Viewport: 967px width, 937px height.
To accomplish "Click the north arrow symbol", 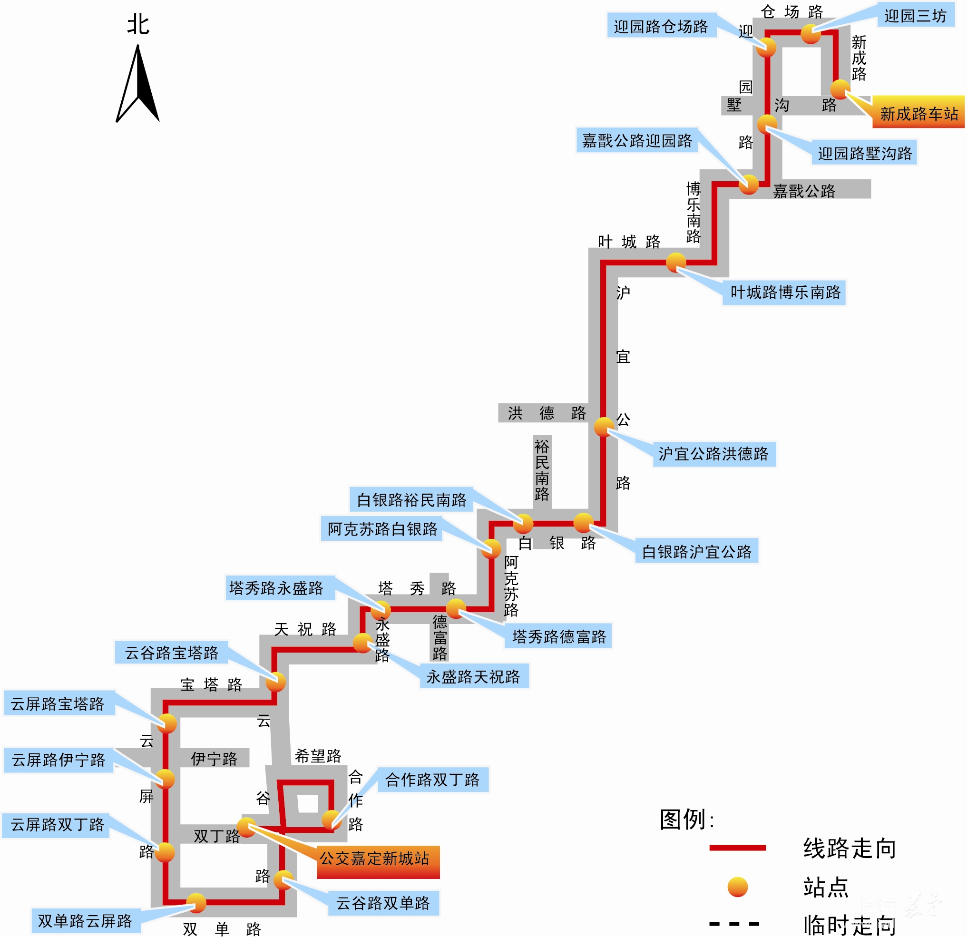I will [137, 84].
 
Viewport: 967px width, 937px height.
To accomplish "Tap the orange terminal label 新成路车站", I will [918, 114].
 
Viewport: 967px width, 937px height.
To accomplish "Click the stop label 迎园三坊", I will [915, 16].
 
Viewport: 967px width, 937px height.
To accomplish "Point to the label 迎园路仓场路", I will [661, 26].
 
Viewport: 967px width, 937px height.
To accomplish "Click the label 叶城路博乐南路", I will [785, 293].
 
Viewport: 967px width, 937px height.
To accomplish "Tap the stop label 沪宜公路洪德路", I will [713, 454].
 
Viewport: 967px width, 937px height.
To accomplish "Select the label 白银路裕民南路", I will [411, 500].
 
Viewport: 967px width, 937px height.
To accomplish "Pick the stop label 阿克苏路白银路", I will [382, 529].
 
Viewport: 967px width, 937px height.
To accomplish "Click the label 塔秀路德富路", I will [559, 637].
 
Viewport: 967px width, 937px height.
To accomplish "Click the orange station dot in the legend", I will [738, 887].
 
